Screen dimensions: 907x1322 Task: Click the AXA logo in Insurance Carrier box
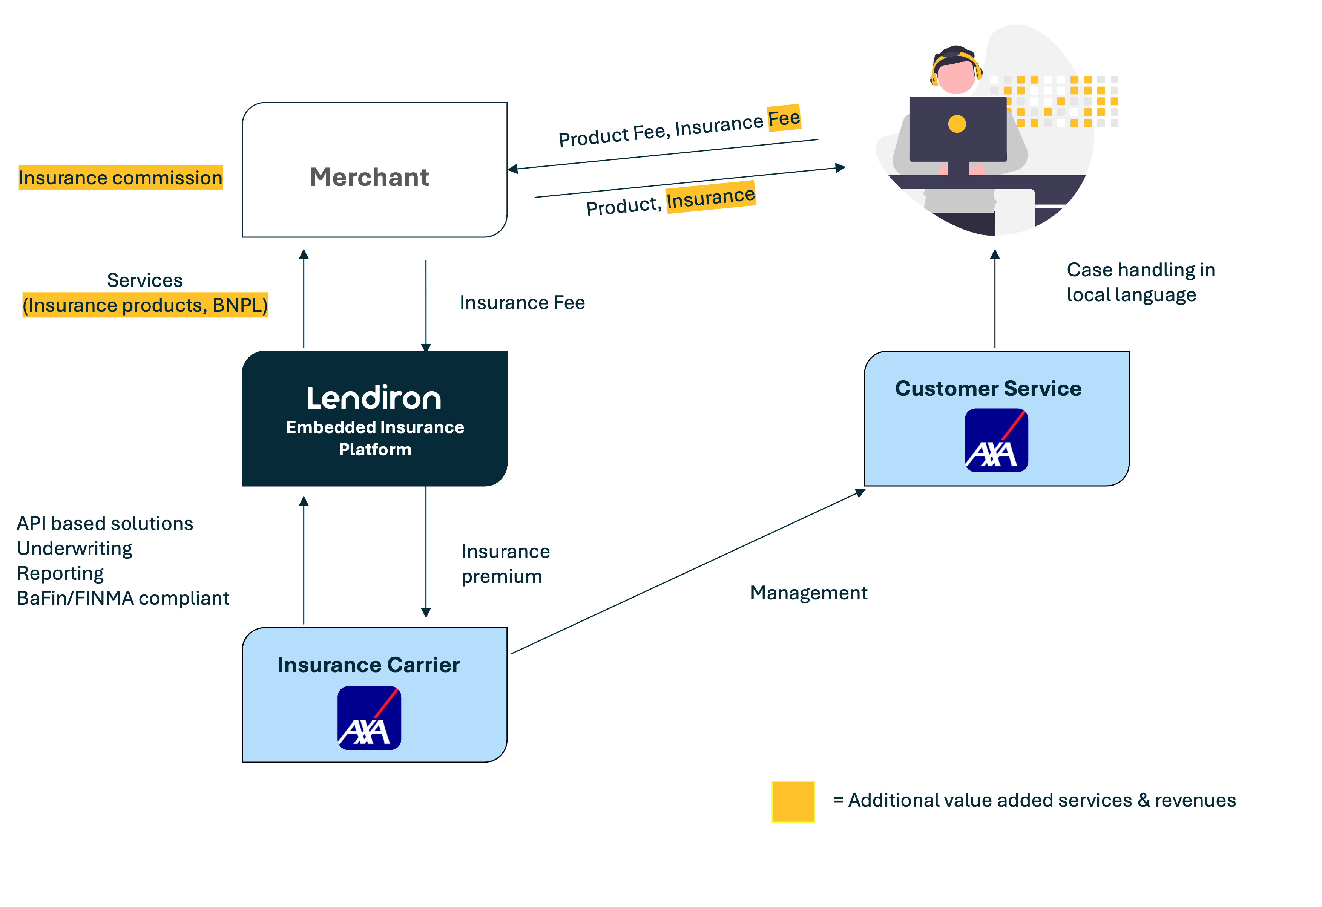[369, 718]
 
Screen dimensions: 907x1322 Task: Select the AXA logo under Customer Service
[996, 440]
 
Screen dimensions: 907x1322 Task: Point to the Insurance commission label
[121, 178]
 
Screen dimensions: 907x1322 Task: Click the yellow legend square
[793, 801]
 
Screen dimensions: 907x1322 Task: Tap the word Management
[808, 593]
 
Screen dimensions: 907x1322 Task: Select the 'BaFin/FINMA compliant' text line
[123, 598]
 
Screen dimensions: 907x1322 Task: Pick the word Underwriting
[75, 548]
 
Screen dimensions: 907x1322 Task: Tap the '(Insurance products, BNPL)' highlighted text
[145, 305]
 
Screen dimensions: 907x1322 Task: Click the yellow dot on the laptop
[957, 123]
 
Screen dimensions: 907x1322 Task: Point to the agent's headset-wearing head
[956, 71]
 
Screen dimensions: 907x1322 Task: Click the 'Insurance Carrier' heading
[369, 665]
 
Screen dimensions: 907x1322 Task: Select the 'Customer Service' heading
[988, 388]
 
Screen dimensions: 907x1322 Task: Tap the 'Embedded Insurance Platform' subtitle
[375, 438]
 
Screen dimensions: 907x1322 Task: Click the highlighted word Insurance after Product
[710, 197]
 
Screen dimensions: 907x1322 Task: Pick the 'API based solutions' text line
[105, 523]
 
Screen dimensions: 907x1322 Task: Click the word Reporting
[60, 573]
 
